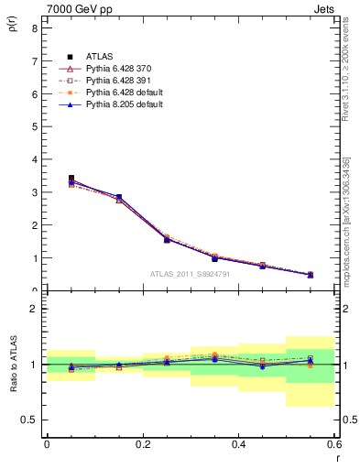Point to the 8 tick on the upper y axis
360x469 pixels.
pos(34,28)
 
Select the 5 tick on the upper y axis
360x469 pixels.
pos(34,126)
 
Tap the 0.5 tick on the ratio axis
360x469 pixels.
pos(30,420)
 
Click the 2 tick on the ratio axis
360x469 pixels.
pos(34,309)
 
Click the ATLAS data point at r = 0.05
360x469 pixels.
pos(71,179)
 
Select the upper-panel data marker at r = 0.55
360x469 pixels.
pos(311,274)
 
